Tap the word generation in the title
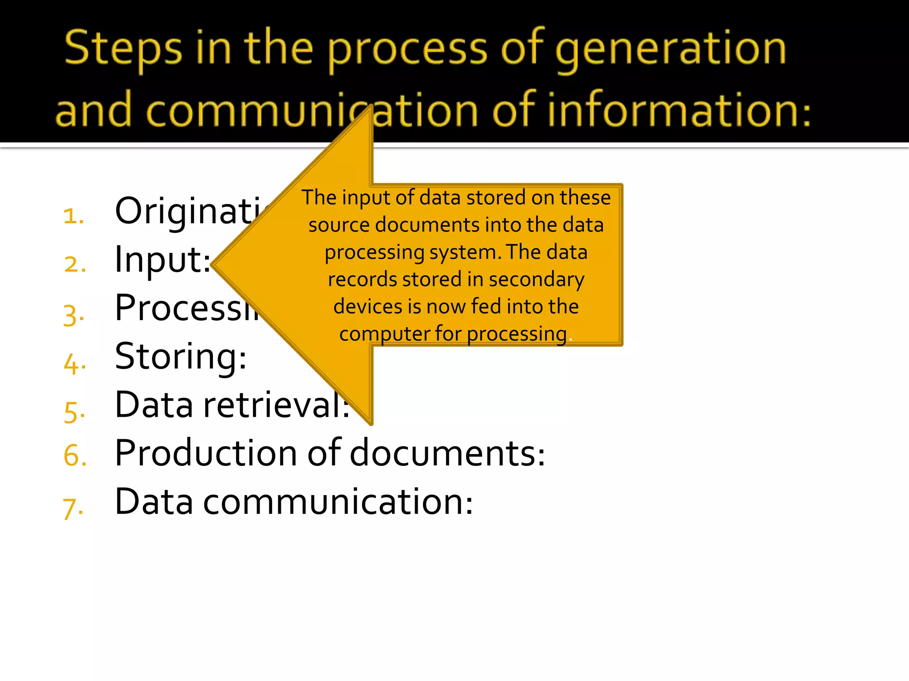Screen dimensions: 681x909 pos(671,49)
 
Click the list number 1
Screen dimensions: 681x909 pos(74,216)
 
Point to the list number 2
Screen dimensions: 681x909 pos(75,264)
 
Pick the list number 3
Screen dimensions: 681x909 pos(74,315)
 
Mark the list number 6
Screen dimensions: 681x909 pos(75,456)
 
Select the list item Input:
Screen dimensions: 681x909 pos(162,260)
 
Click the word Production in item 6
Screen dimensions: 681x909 pos(206,453)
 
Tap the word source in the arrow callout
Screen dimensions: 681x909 pos(340,225)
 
